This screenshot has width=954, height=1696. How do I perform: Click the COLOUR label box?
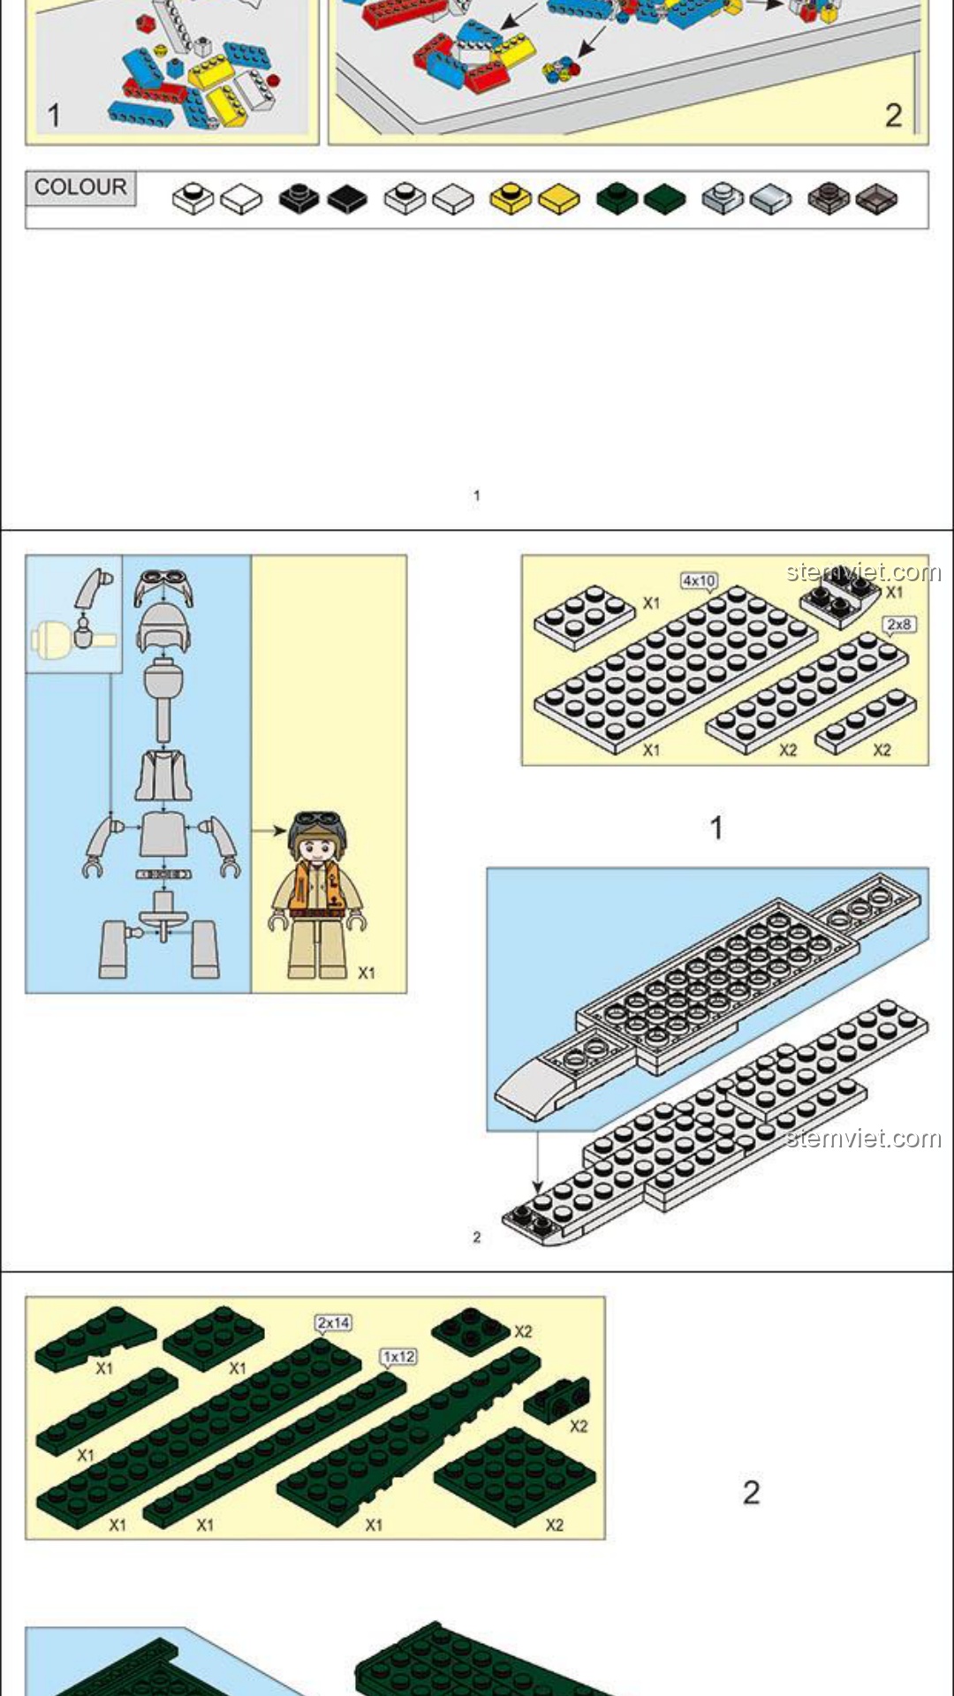pos(80,188)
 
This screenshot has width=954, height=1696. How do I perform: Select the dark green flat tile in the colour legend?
pos(664,200)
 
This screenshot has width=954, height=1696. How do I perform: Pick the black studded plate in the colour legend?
pos(299,198)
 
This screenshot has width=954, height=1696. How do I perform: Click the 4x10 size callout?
pos(699,580)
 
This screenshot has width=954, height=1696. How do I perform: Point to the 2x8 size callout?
pos(898,625)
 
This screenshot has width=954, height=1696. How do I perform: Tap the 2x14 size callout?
pos(334,1322)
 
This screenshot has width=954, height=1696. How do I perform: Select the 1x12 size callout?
pos(398,1356)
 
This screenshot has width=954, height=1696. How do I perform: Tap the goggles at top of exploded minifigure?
pos(163,585)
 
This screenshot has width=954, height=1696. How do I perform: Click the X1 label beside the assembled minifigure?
pos(367,973)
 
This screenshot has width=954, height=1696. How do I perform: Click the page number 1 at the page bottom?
pos(477,496)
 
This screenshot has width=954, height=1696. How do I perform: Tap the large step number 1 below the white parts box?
pos(716,828)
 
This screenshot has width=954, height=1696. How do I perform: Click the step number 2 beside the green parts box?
pos(751,1492)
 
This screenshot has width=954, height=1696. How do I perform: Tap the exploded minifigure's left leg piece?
pos(114,950)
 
